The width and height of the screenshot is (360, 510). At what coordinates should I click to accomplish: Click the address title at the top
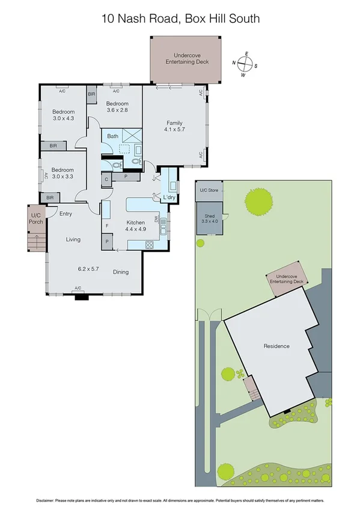(x=180, y=19)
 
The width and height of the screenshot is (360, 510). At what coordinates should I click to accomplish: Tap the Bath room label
(x=113, y=137)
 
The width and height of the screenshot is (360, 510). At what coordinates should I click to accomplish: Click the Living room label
(x=73, y=239)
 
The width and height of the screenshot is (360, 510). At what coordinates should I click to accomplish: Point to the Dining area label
(x=121, y=272)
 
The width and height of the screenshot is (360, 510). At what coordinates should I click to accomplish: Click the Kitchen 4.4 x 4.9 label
(x=136, y=226)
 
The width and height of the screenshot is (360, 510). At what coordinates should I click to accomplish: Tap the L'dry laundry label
(x=169, y=197)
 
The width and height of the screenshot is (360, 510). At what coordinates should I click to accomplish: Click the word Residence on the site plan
(x=276, y=346)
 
